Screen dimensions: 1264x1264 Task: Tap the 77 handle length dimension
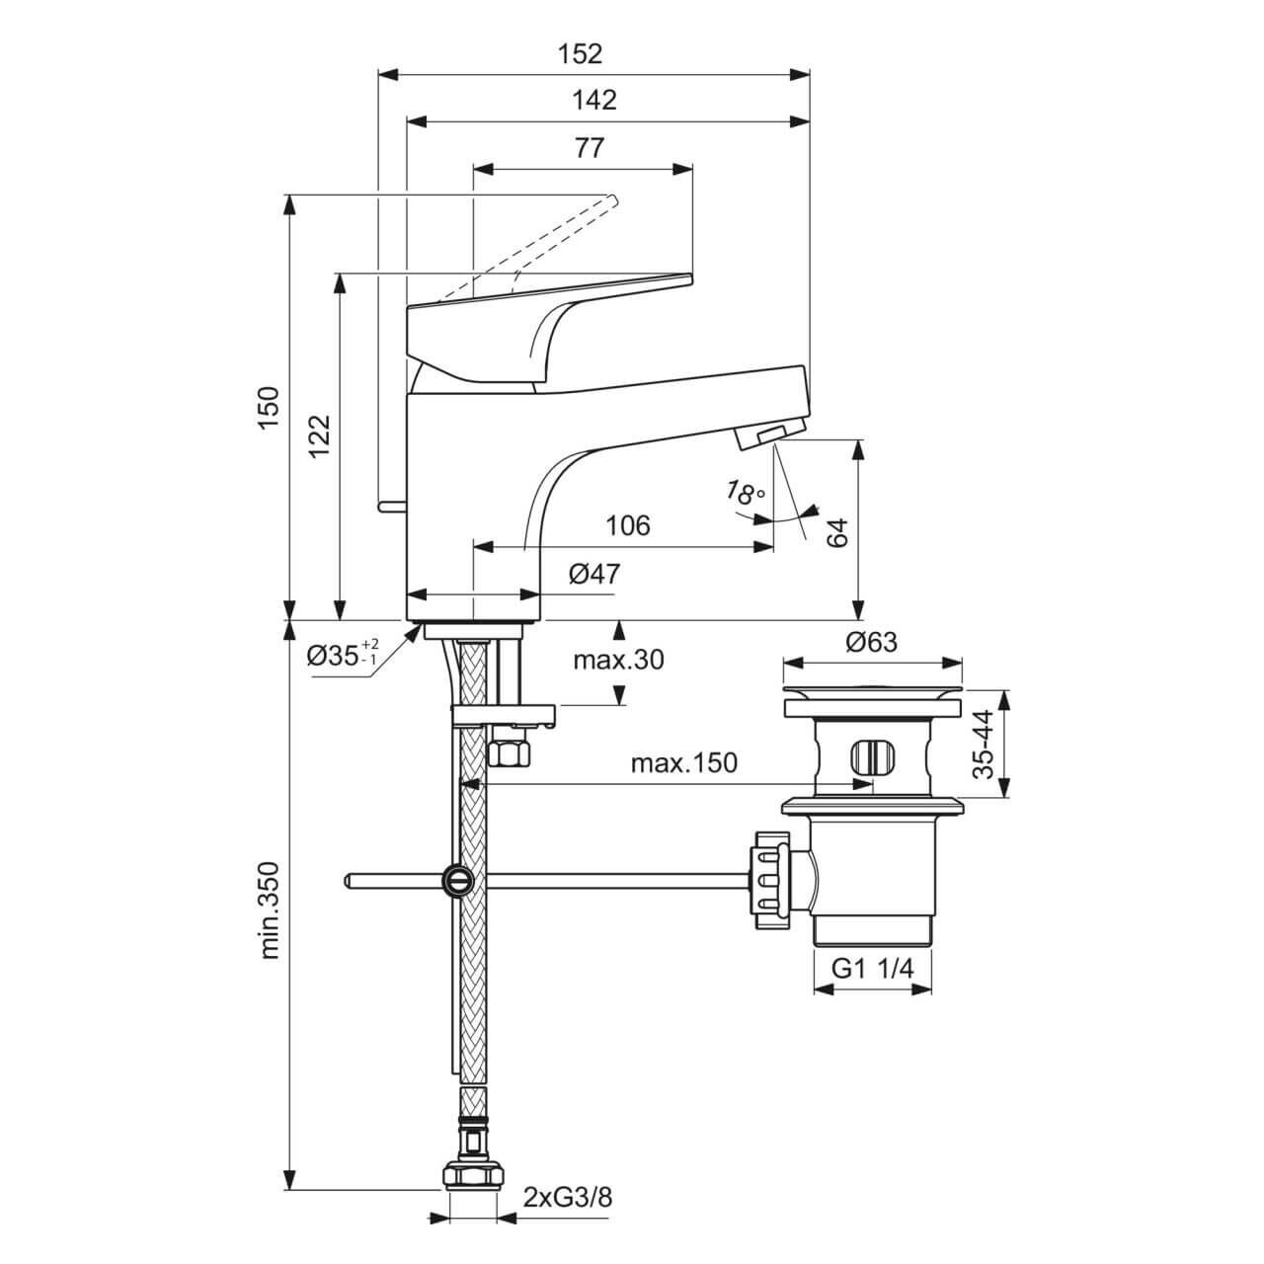tap(588, 147)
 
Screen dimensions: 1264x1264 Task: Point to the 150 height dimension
tap(268, 406)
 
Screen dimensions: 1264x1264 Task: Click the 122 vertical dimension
tap(319, 434)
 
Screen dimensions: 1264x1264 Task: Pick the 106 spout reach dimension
tap(628, 525)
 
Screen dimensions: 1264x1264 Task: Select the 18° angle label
tap(746, 493)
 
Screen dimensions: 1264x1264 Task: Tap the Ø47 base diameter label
tap(594, 574)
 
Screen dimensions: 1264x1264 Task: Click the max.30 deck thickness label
tap(618, 660)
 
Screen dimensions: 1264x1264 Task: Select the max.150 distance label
tap(683, 763)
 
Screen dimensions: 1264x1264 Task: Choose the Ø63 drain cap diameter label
tap(871, 642)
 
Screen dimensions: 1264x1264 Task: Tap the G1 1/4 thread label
tap(873, 970)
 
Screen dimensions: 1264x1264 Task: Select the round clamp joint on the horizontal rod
tap(457, 879)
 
